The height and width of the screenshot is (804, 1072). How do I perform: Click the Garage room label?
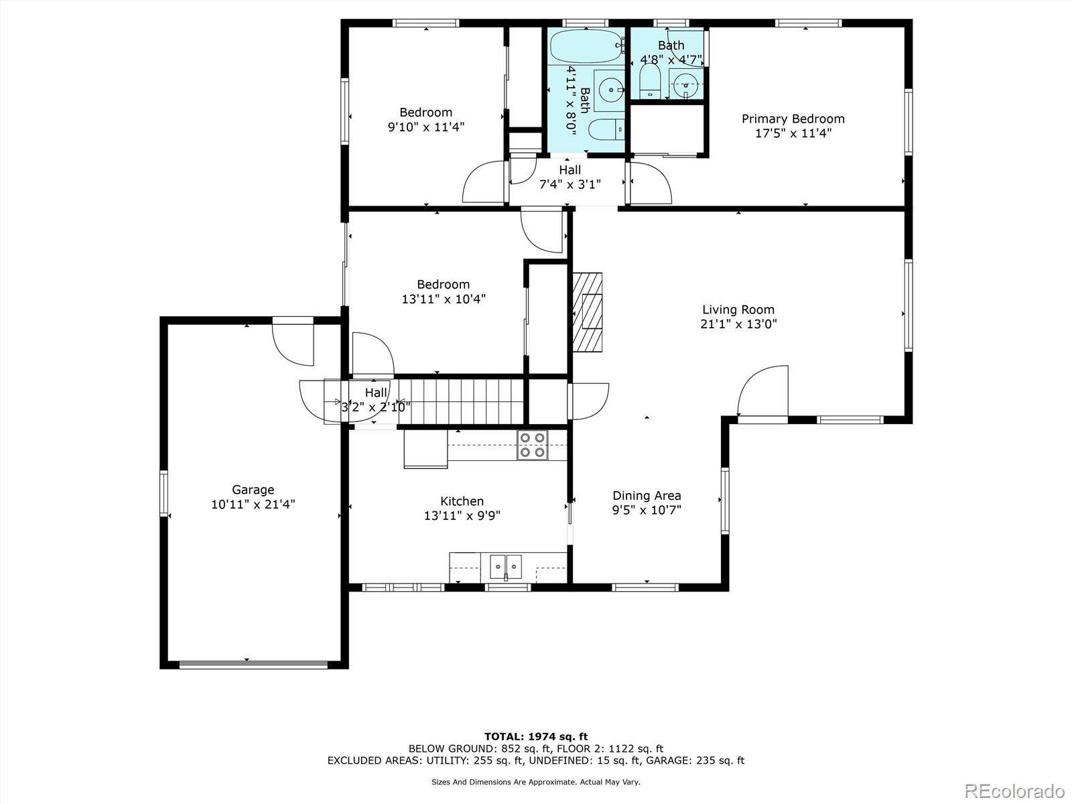[x=253, y=489]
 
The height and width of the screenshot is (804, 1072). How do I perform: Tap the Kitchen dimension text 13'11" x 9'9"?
[x=462, y=515]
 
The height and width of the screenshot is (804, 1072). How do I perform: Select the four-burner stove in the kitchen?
[x=533, y=445]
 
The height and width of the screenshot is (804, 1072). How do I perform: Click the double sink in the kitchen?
[x=506, y=566]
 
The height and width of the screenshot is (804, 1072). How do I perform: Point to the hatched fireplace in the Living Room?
[x=588, y=312]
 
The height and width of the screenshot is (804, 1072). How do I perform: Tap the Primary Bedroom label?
[x=793, y=119]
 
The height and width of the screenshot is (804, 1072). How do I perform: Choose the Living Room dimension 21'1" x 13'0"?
[x=738, y=324]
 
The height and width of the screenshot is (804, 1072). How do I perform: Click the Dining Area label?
[x=647, y=496]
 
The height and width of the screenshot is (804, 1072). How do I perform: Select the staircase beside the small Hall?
[x=462, y=402]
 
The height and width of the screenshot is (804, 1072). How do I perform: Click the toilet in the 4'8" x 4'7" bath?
[x=649, y=80]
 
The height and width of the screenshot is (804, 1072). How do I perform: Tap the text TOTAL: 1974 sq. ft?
[x=536, y=736]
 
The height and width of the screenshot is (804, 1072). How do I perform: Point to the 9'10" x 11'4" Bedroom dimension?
[x=426, y=127]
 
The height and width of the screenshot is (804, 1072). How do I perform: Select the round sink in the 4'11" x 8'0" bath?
[x=610, y=90]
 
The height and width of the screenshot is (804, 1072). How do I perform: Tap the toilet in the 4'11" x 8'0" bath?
[x=606, y=130]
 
